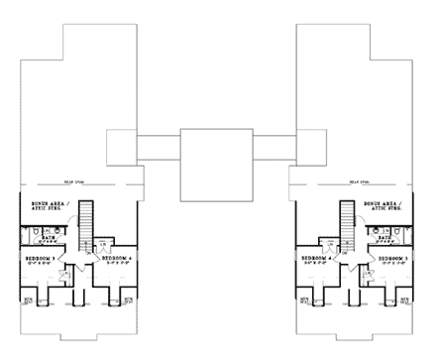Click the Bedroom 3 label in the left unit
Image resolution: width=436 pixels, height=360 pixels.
tap(41, 260)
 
